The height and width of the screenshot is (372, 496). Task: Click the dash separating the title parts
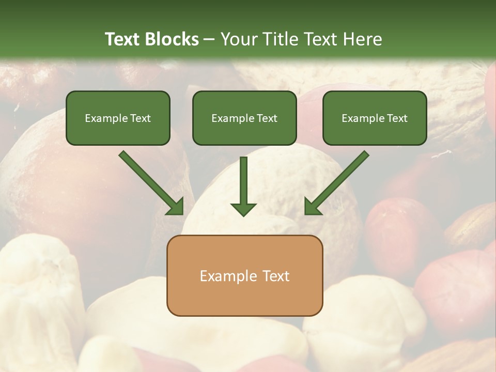tap(209, 40)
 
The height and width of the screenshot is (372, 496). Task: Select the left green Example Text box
tap(118, 118)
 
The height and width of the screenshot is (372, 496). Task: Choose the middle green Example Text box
tap(244, 118)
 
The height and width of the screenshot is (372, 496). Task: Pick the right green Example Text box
tap(375, 118)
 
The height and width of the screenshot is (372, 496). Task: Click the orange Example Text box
tap(244, 275)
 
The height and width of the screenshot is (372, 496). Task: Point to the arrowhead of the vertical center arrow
tap(243, 209)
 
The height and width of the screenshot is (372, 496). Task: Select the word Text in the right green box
tap(397, 118)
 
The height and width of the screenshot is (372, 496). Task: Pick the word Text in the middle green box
tap(267, 118)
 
